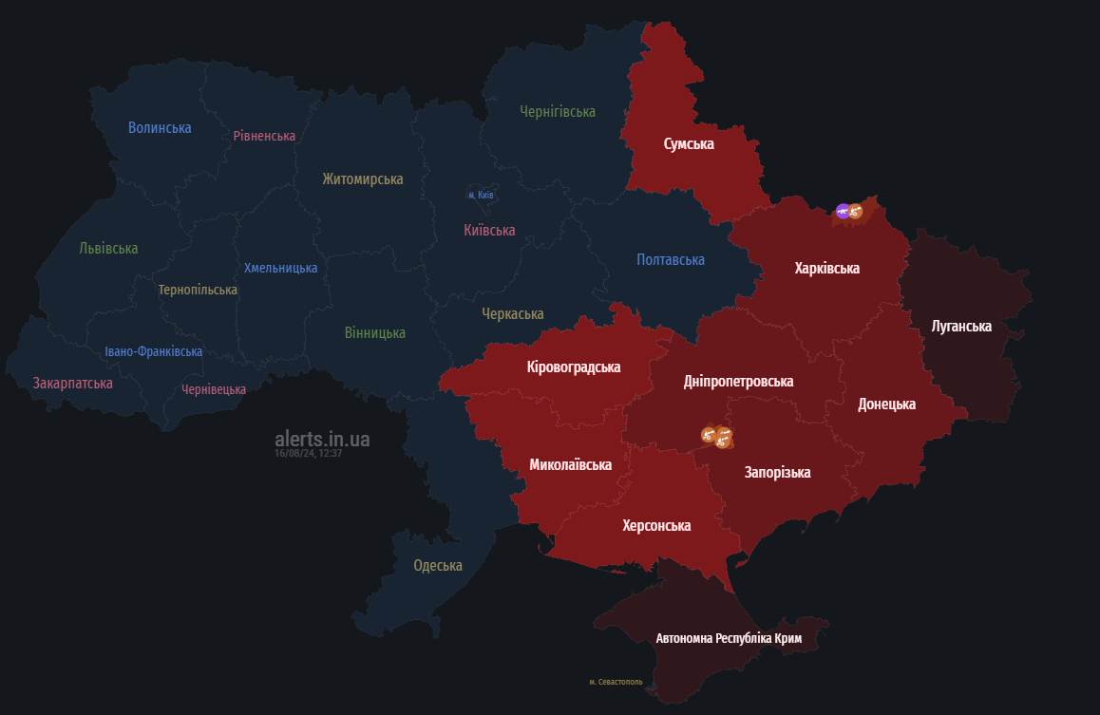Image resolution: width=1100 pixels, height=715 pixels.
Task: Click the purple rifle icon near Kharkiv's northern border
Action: click(x=842, y=211)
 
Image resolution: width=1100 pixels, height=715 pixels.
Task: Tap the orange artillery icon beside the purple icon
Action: click(x=855, y=212)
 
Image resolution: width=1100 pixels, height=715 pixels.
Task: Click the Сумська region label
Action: click(x=689, y=144)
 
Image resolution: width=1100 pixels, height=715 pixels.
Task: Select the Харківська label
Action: click(x=827, y=269)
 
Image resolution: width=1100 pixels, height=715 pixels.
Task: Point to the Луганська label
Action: click(x=961, y=327)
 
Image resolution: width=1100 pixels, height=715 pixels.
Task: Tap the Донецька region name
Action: click(x=886, y=405)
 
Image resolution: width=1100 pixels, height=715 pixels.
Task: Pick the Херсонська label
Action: click(x=656, y=526)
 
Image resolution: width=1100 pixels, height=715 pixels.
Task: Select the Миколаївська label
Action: click(x=570, y=465)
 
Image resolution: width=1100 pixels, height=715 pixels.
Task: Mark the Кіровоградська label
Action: click(x=574, y=367)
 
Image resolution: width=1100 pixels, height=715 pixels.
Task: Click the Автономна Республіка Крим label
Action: click(x=729, y=639)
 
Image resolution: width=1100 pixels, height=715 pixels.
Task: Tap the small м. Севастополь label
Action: click(x=616, y=682)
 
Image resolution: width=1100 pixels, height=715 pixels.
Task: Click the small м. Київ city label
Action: click(x=481, y=195)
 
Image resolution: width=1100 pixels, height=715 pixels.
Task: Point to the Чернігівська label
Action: click(x=558, y=112)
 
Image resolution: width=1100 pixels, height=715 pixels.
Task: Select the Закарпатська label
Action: click(x=73, y=384)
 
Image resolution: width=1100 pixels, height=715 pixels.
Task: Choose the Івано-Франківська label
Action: click(x=153, y=352)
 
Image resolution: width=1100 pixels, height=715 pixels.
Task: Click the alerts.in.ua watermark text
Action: click(x=322, y=440)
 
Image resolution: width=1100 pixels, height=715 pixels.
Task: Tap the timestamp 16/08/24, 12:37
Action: click(x=308, y=454)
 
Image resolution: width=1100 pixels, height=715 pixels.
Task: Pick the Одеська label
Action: click(x=438, y=566)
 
